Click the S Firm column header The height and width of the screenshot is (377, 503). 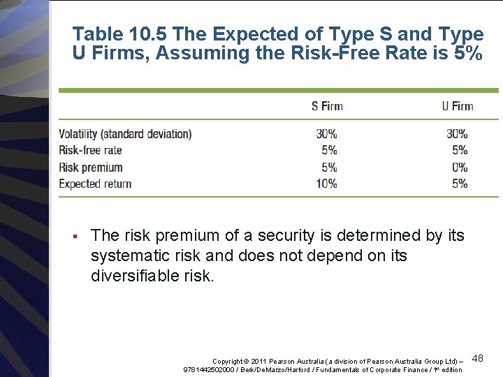point(327,106)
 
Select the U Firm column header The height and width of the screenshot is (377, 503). point(458,106)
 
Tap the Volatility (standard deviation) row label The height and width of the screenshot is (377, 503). point(125,134)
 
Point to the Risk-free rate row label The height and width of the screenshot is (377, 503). point(90,150)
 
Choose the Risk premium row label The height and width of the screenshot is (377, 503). point(91,168)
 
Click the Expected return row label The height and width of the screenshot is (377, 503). point(95,184)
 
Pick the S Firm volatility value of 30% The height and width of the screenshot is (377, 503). point(326,133)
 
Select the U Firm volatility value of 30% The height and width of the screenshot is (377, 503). point(457,133)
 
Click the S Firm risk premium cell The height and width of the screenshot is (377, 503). point(329,168)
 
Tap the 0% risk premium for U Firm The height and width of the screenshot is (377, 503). point(460,168)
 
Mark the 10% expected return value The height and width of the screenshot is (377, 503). point(326,184)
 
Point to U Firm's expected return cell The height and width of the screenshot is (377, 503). point(460,184)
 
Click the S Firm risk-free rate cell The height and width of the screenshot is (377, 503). point(329,150)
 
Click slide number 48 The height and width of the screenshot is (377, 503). point(478,358)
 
